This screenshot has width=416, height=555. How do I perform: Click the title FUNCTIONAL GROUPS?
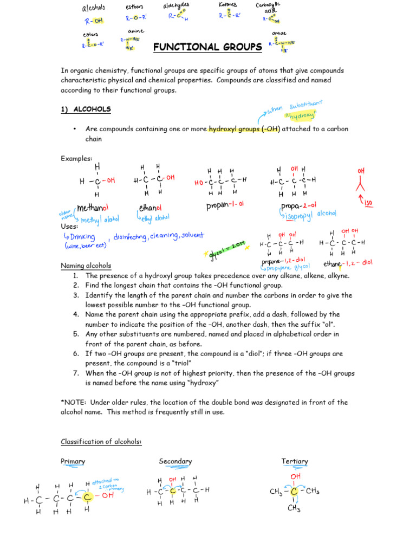tap(207, 48)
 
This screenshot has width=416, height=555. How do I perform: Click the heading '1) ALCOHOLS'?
tap(86, 109)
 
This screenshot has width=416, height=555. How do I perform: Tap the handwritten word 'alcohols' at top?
tap(93, 8)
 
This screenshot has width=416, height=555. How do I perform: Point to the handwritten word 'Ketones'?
tap(227, 5)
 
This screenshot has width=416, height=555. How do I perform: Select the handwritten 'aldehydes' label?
tap(177, 5)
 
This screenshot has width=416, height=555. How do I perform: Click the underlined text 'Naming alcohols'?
tap(86, 266)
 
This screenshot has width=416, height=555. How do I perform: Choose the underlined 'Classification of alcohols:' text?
tap(101, 442)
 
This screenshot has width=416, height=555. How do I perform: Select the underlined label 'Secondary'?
tap(175, 461)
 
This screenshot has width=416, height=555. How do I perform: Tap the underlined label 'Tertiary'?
tap(295, 461)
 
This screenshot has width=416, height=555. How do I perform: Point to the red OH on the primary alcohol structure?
tap(108, 495)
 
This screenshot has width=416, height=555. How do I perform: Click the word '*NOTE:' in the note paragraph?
tap(74, 403)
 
